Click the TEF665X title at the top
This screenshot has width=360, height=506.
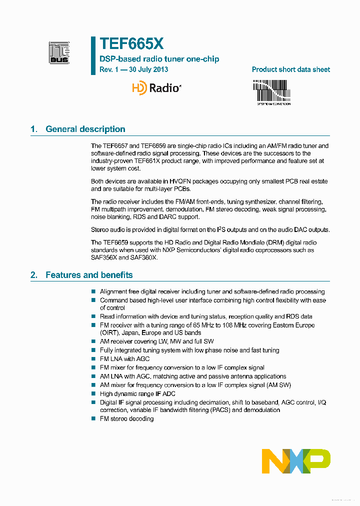tap(131, 44)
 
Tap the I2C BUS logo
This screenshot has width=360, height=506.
tap(59, 53)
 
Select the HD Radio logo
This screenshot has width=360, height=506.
tap(156, 88)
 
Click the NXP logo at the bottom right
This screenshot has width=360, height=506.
tap(296, 460)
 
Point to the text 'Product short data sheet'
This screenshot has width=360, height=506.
tap(290, 69)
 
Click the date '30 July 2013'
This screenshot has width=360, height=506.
tap(148, 69)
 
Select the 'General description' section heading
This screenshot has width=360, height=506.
tap(85, 129)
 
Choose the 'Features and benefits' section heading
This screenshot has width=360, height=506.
tap(89, 275)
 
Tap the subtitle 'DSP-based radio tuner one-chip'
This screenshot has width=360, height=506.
tap(159, 59)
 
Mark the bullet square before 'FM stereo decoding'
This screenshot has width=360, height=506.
tap(93, 419)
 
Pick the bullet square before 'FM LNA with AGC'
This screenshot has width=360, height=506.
tap(93, 359)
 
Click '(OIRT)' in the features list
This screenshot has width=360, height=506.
tap(109, 332)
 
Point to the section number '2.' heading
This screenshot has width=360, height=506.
tap(34, 275)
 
